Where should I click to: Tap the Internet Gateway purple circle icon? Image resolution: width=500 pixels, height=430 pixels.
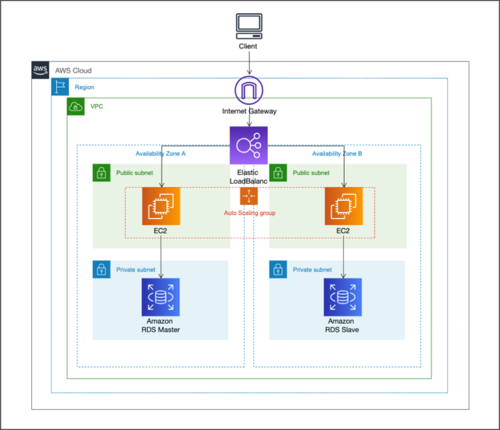tap(248, 91)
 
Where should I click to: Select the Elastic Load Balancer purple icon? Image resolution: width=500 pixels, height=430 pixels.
tap(248, 145)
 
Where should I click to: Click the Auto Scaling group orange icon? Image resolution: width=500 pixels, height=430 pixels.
tap(248, 195)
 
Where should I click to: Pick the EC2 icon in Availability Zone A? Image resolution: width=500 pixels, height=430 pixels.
tap(161, 206)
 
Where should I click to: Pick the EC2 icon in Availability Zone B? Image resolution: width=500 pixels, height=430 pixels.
tap(344, 206)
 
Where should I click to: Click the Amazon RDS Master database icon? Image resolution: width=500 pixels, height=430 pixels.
tap(161, 297)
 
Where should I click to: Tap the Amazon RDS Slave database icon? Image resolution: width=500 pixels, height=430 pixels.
tap(344, 297)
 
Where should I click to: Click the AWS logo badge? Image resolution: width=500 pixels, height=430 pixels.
tap(41, 70)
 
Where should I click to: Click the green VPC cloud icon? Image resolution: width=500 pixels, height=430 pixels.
tap(77, 106)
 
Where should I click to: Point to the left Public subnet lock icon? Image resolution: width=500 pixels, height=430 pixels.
tap(102, 173)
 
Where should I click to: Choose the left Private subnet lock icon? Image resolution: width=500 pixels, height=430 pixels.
tap(102, 270)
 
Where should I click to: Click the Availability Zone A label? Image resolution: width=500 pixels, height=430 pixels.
tap(160, 154)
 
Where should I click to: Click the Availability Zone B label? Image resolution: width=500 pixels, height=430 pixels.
tap(337, 154)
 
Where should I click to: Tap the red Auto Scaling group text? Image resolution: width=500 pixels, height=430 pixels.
tap(249, 213)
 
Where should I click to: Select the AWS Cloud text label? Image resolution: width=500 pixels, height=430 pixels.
tap(73, 70)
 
